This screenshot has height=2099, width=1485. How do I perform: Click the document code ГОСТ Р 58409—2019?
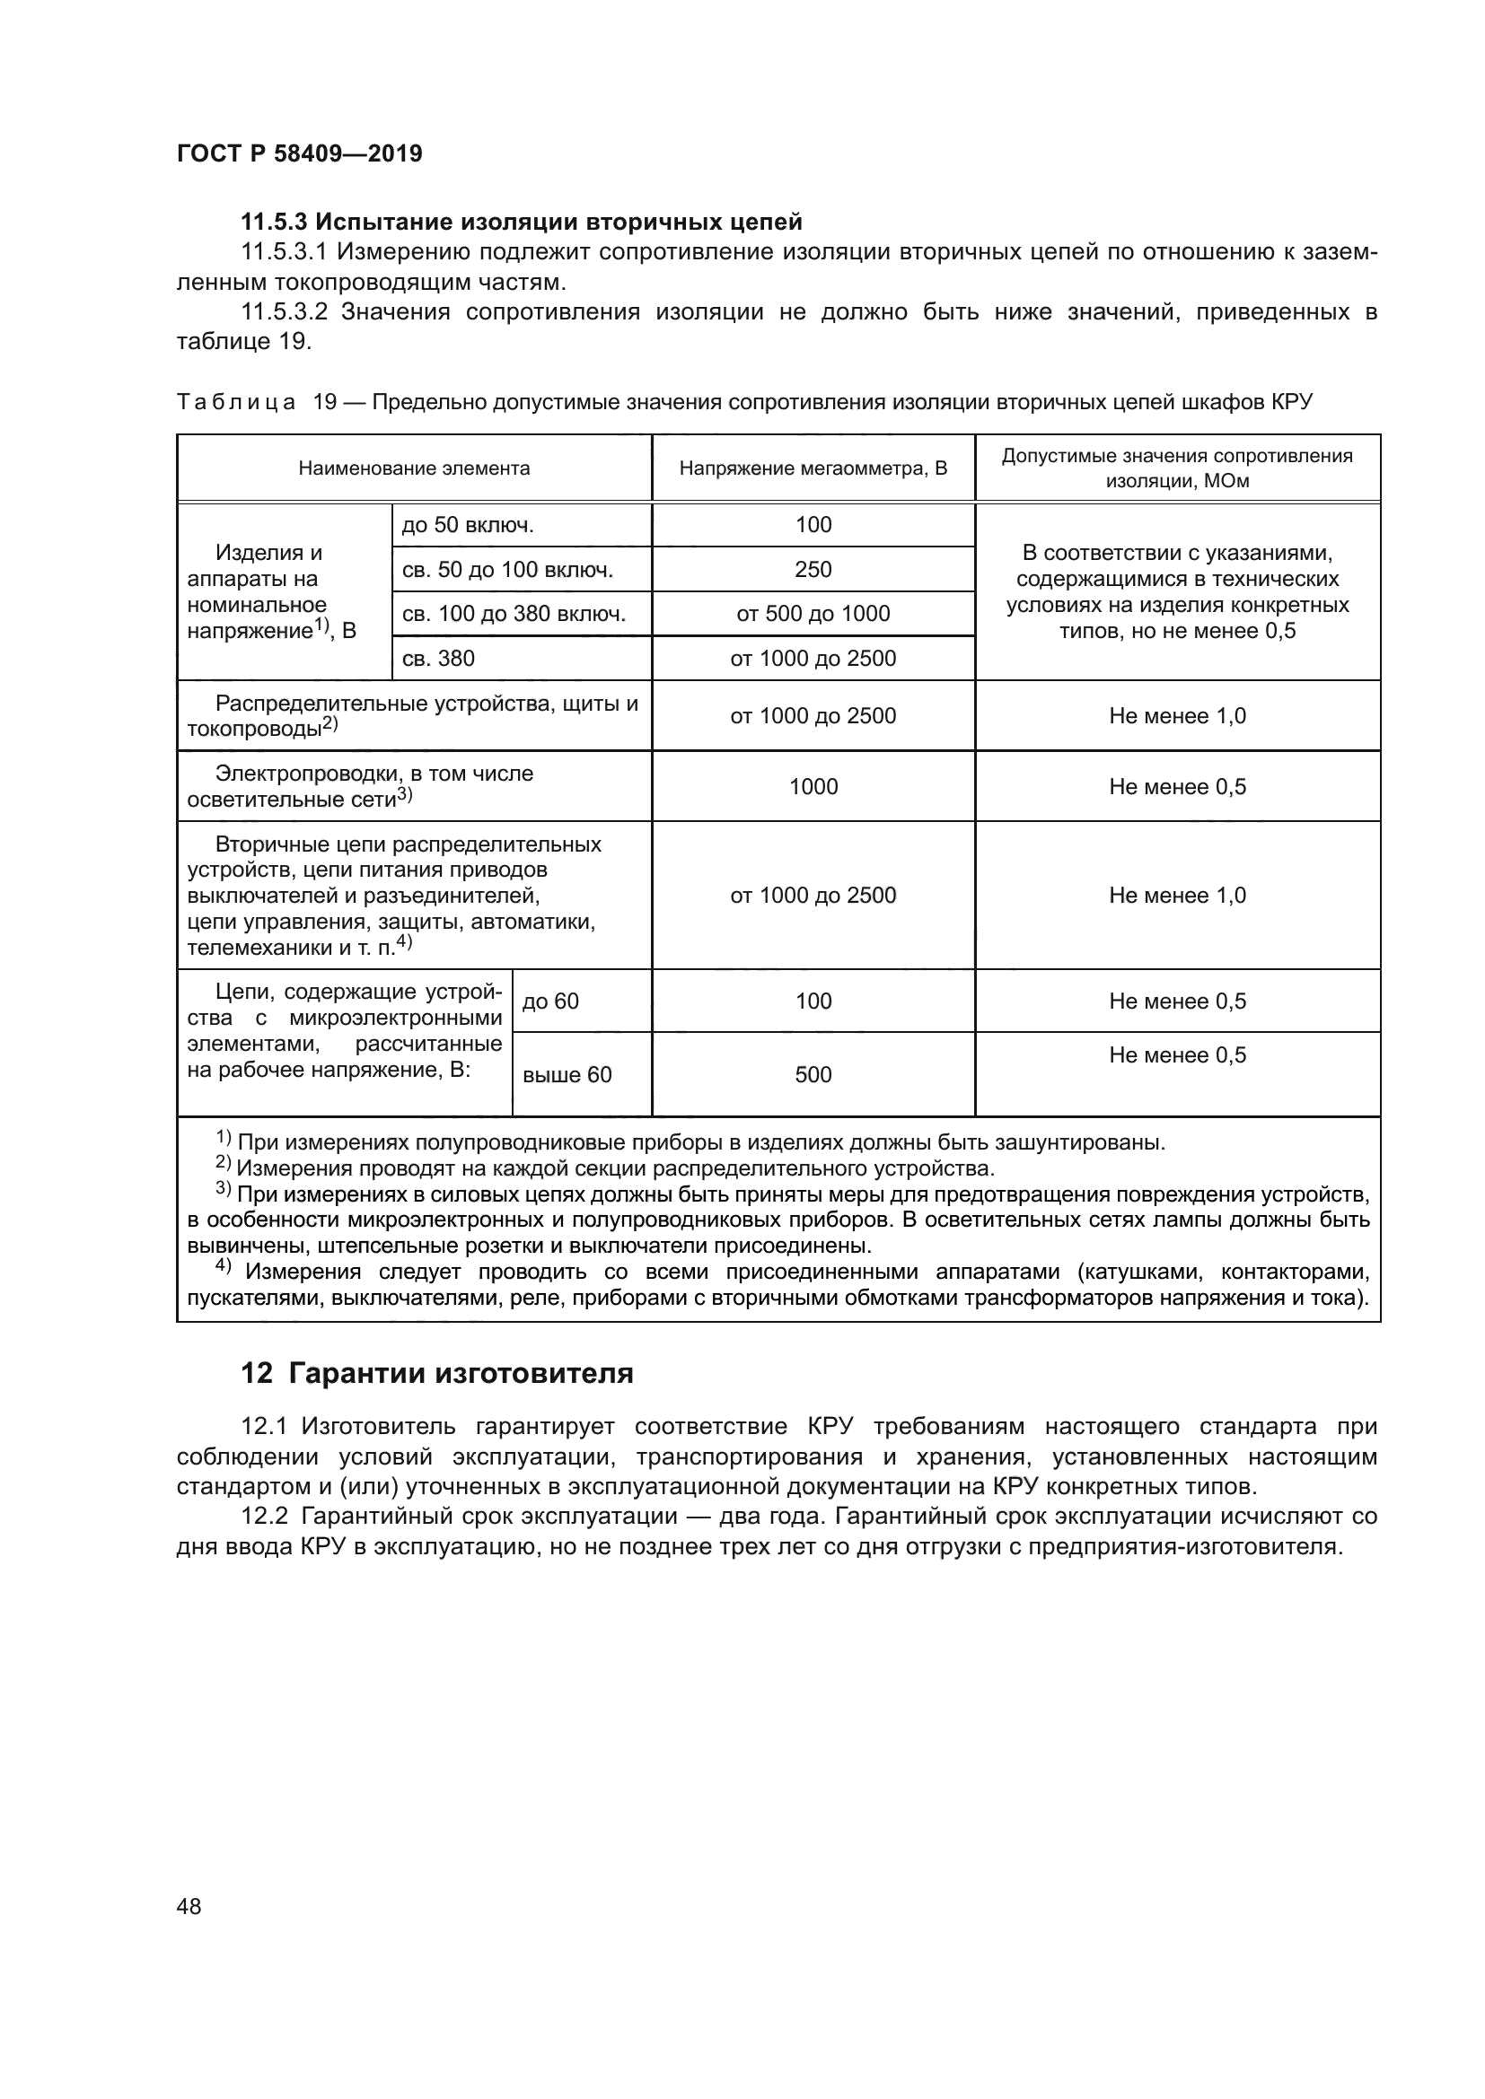[299, 153]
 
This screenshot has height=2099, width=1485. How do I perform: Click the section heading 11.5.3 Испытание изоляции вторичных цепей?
[522, 222]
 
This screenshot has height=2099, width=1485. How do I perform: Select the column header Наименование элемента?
[413, 469]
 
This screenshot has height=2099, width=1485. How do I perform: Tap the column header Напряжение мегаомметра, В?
[813, 469]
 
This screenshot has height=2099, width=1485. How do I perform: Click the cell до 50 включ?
[467, 526]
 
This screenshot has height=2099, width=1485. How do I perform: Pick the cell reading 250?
[813, 570]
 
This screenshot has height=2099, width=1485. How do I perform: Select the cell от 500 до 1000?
[813, 614]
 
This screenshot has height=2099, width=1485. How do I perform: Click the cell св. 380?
[438, 658]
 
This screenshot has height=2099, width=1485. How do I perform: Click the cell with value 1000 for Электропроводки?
[813, 786]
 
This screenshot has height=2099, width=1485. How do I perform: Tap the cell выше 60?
[567, 1075]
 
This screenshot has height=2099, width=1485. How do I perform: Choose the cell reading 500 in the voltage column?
[813, 1075]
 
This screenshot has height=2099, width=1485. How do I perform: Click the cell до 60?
[550, 1001]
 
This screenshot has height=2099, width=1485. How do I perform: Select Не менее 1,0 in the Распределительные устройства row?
[1177, 716]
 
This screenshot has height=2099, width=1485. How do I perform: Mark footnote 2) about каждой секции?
[603, 1168]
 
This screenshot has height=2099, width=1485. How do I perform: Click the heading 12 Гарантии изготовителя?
[437, 1373]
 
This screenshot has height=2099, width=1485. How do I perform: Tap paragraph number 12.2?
[264, 1516]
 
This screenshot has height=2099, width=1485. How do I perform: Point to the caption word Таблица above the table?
[236, 402]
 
